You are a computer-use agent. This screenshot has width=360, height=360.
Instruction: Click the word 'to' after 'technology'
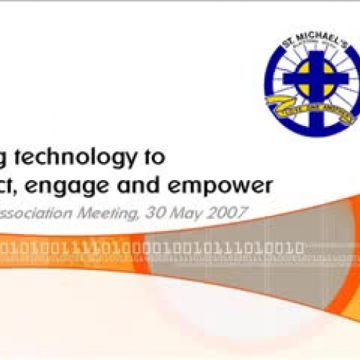155,156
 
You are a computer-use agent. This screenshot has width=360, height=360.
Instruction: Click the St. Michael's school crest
310,81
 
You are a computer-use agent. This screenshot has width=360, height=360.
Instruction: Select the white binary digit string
151,248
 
